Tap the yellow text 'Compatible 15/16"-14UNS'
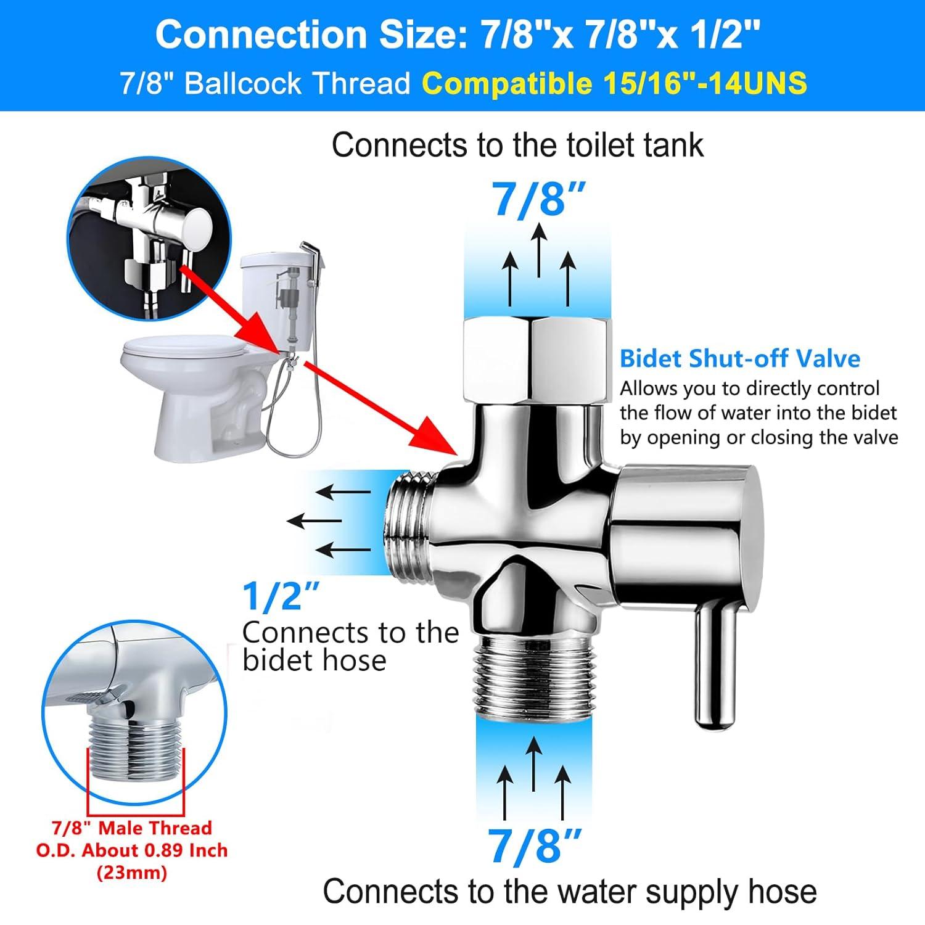(x=615, y=83)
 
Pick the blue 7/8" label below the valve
(x=534, y=845)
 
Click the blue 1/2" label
(x=281, y=596)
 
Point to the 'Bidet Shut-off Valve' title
(x=739, y=358)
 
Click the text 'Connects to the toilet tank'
(x=517, y=146)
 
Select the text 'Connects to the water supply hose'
(x=569, y=892)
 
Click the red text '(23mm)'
(x=131, y=873)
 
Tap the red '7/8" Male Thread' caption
(x=131, y=828)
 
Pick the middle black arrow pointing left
(x=314, y=521)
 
